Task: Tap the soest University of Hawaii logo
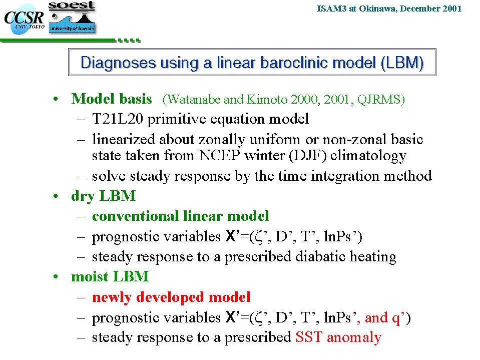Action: point(72,17)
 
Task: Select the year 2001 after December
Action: point(452,9)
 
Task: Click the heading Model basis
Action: point(112,99)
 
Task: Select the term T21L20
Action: point(118,119)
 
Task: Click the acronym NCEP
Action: point(219,155)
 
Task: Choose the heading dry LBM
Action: point(103,196)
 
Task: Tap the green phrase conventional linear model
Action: point(180,216)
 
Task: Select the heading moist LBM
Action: point(110,276)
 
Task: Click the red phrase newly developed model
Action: point(171,297)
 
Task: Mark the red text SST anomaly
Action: point(338,337)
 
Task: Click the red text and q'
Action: point(383,317)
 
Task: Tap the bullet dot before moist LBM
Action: point(56,277)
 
